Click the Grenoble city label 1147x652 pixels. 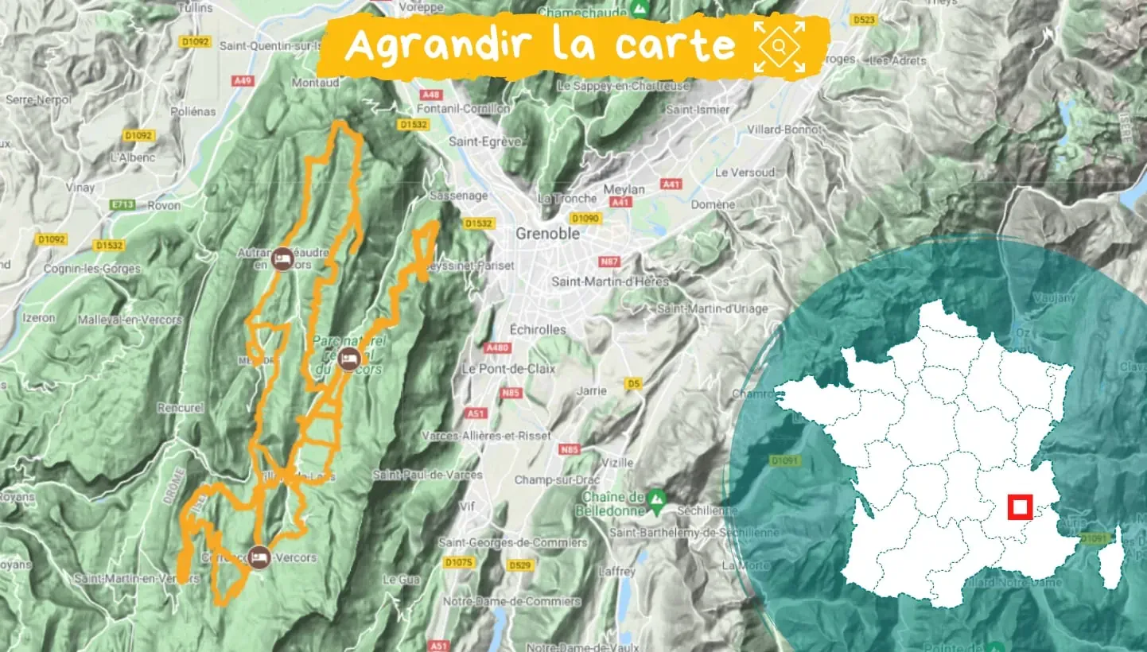coord(547,235)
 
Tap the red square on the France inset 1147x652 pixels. coord(1019,506)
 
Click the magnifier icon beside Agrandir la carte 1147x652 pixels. coord(779,45)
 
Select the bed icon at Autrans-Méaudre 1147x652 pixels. coord(282,258)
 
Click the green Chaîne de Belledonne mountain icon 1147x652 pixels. coord(655,499)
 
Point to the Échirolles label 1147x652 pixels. coord(539,329)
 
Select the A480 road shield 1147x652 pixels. coord(496,348)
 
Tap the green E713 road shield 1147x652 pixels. coord(123,205)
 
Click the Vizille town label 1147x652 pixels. coord(618,462)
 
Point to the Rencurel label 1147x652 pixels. coord(181,408)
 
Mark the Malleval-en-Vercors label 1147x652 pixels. coord(130,320)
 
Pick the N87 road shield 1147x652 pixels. coord(610,262)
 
